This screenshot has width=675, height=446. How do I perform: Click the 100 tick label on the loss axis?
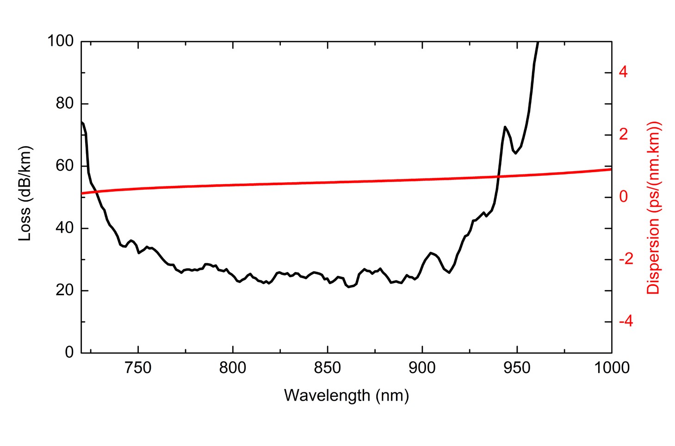60,41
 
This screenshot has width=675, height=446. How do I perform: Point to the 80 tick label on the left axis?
64,104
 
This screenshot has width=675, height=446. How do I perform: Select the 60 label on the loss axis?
64,166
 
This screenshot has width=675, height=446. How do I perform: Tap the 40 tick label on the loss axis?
64,228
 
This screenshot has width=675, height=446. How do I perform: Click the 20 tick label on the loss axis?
64,290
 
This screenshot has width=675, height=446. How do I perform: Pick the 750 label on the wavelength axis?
138,368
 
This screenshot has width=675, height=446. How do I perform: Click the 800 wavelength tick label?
233,368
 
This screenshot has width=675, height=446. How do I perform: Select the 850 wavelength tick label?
327,368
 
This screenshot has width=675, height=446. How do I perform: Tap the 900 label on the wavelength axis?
422,368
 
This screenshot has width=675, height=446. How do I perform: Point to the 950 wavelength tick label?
516,368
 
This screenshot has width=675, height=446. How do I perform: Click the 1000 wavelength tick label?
611,368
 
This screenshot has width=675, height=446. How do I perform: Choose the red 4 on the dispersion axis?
623,73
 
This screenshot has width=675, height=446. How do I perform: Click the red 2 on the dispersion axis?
623,135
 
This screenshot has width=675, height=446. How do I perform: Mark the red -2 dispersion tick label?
625,259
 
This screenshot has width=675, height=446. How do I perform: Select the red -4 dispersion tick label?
625,322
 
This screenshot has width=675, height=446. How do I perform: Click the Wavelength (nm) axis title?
346,396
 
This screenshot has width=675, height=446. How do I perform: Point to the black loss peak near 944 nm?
505,126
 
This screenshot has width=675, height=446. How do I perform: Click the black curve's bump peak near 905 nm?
431,253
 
